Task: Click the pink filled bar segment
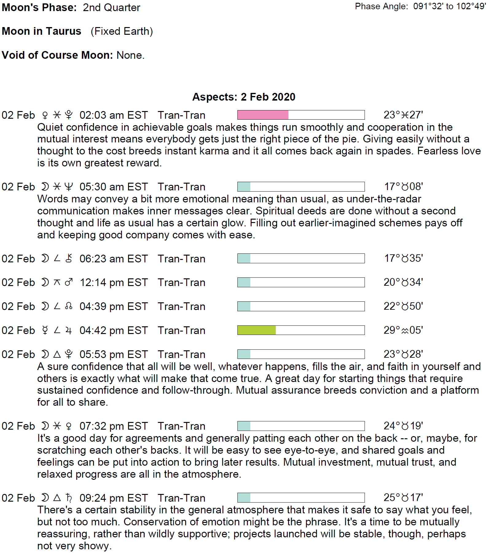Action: (x=263, y=115)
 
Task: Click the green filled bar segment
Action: (x=256, y=330)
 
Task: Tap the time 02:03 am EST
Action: (x=114, y=115)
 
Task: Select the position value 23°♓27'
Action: (x=403, y=115)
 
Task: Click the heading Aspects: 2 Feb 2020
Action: (x=244, y=97)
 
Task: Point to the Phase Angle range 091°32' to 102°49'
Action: (x=449, y=6)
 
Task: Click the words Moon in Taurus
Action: (x=41, y=31)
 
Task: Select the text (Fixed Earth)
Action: (x=122, y=31)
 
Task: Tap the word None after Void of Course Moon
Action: (x=130, y=55)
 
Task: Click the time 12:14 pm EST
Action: (x=114, y=283)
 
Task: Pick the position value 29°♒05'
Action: (x=403, y=330)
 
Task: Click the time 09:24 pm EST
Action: (x=114, y=498)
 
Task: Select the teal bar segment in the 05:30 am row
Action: (x=244, y=187)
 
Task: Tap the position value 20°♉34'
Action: (x=403, y=282)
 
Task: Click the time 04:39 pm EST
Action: (x=114, y=307)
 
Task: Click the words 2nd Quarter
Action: (x=111, y=8)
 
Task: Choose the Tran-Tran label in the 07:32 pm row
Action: (x=181, y=426)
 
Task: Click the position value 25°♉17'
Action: (x=403, y=498)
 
